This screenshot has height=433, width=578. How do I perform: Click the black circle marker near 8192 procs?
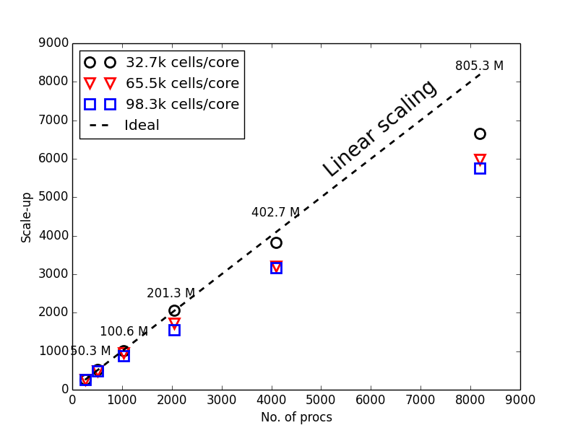[x=480, y=134]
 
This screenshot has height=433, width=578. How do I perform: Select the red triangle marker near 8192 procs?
[x=480, y=159]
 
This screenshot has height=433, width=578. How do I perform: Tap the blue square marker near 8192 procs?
[x=480, y=168]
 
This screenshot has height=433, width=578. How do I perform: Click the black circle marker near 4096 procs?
[x=276, y=242]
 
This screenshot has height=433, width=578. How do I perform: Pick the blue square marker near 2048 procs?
[x=174, y=330]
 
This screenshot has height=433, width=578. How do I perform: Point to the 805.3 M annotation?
[x=479, y=66]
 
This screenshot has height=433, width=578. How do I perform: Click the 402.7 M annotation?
[x=275, y=213]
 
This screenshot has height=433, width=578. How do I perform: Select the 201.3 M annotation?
[x=171, y=294]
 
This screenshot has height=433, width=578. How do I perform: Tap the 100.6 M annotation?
[x=124, y=332]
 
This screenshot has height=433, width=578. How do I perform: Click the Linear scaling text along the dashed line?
[x=379, y=128]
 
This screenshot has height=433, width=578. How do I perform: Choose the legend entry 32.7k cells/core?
[x=182, y=63]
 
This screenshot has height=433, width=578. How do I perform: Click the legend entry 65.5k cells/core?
[x=182, y=83]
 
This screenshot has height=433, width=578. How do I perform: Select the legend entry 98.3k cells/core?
[x=182, y=104]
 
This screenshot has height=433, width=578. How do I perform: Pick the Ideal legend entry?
[x=142, y=126]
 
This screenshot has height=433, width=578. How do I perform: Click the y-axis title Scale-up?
[x=27, y=216]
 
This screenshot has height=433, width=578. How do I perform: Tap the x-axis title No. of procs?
[x=296, y=417]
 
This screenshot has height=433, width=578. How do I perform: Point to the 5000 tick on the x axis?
[x=321, y=398]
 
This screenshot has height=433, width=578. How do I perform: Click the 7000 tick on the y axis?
[x=53, y=121]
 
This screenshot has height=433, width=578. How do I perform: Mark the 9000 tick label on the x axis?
[x=520, y=398]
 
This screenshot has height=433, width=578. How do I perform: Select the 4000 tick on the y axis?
[x=53, y=236]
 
